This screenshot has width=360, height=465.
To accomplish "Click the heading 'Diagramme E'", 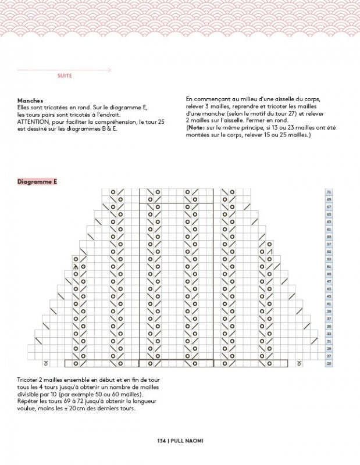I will pyautogui.click(x=37, y=182).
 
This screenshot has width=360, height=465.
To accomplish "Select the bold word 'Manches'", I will pyautogui.click(x=30, y=101).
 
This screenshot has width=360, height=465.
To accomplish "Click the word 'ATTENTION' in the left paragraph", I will pyautogui.click(x=34, y=121).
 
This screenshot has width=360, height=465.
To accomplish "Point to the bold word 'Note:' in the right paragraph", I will pyautogui.click(x=196, y=128).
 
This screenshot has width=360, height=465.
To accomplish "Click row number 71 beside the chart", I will pyautogui.click(x=329, y=192).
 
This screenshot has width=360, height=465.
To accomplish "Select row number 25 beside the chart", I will pyautogui.click(x=329, y=363).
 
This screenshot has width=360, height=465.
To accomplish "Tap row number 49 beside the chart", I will pyautogui.click(x=329, y=274).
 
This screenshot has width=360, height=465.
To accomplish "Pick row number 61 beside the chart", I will pyautogui.click(x=329, y=229).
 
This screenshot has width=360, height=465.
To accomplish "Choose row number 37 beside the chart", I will pyautogui.click(x=329, y=319).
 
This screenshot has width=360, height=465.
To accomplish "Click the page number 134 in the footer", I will pyautogui.click(x=162, y=441).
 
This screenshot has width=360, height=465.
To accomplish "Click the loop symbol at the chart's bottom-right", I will pyautogui.click(x=299, y=364).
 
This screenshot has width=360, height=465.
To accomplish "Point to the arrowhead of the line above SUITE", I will pyautogui.click(x=109, y=70).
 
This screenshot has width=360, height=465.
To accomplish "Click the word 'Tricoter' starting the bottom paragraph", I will pyautogui.click(x=28, y=380).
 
